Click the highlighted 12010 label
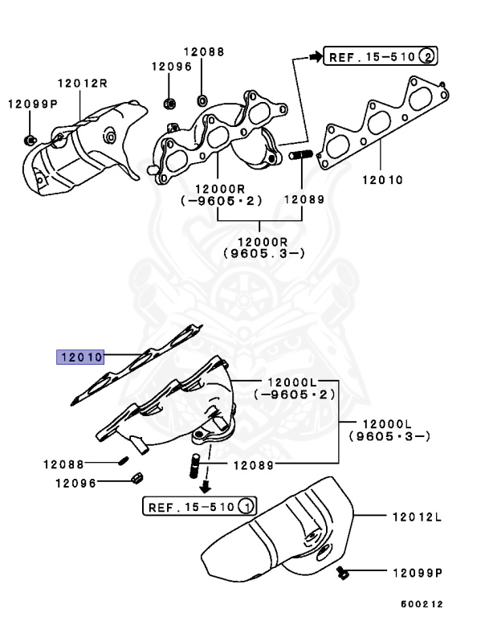pyautogui.click(x=79, y=356)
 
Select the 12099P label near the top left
pyautogui.click(x=33, y=104)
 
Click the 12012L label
pyautogui.click(x=417, y=517)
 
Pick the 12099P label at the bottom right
pyautogui.click(x=417, y=574)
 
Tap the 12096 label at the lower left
pyautogui.click(x=75, y=483)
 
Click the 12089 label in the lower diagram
pyautogui.click(x=253, y=464)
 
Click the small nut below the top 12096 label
pyautogui.click(x=170, y=103)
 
